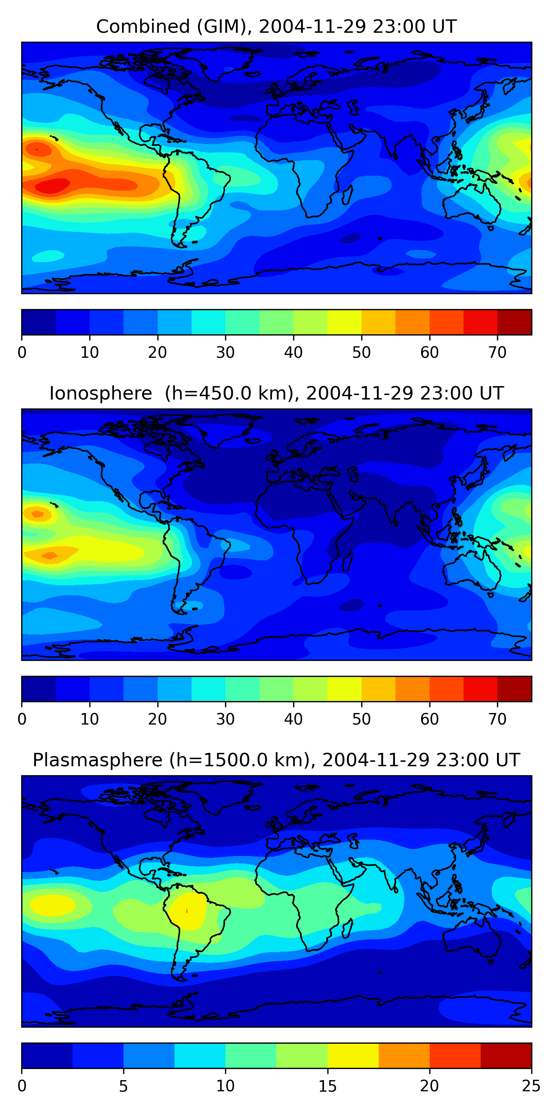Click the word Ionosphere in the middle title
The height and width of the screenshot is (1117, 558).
pos(100,394)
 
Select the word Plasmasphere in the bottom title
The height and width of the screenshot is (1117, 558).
pos(97,760)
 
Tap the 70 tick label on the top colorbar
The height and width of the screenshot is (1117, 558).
pos(497,353)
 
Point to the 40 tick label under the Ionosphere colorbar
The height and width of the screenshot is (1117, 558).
pos(293,719)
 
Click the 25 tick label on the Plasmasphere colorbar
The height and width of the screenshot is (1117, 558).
pos(531,1086)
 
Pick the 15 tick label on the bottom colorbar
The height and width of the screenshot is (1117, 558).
pos(327,1086)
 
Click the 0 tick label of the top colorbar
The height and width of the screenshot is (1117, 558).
pos(22,353)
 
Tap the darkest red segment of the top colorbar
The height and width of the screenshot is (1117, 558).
pos(514,322)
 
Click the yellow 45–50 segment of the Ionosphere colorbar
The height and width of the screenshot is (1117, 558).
pos(344,688)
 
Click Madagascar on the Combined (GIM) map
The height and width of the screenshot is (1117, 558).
pos(347,195)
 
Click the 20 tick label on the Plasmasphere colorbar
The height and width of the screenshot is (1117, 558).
pos(429,1086)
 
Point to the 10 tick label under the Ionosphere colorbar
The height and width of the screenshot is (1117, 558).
pos(90,719)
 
